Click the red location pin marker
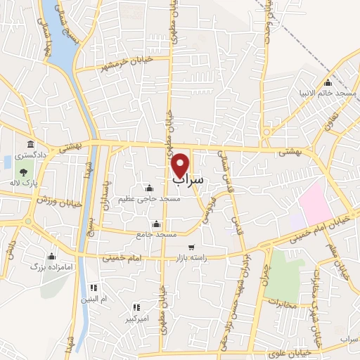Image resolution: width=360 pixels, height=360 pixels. click(x=181, y=165)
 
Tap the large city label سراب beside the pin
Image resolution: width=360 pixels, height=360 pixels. click(x=188, y=181)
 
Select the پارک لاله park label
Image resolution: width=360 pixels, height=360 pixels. click(x=27, y=182)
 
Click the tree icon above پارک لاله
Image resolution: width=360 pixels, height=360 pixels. click(x=25, y=171)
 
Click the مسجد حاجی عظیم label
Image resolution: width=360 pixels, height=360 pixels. click(x=150, y=199)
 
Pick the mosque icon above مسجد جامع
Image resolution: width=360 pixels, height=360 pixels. click(x=155, y=224)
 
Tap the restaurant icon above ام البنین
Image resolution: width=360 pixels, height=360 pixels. click(x=94, y=288)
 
